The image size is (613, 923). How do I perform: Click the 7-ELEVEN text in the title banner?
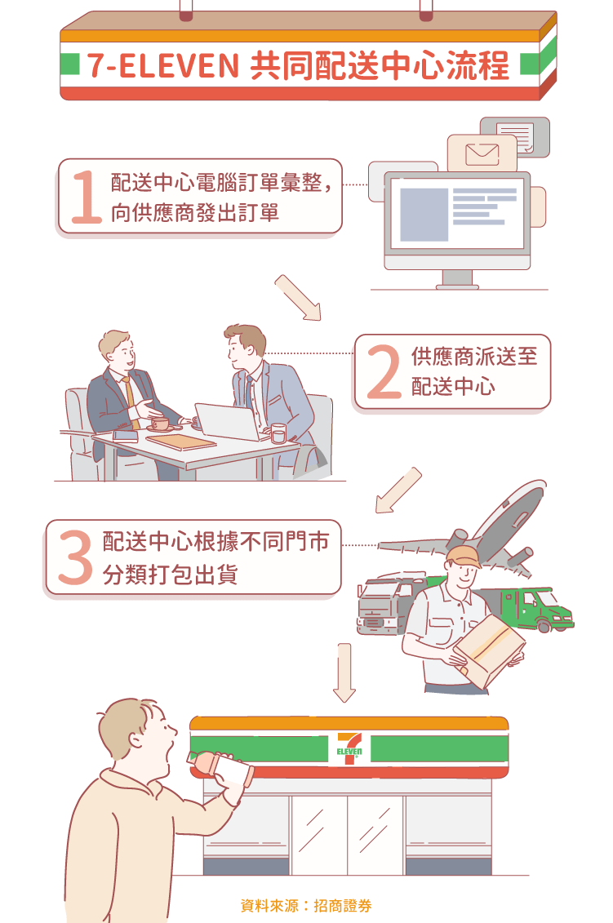click(162, 65)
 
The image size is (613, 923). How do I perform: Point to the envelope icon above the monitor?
click(482, 154)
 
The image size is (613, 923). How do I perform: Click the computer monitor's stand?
click(457, 278)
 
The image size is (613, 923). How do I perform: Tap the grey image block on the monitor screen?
click(424, 215)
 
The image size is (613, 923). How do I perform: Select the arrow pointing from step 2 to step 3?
click(398, 490)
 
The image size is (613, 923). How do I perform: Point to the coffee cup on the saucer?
click(160, 424)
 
